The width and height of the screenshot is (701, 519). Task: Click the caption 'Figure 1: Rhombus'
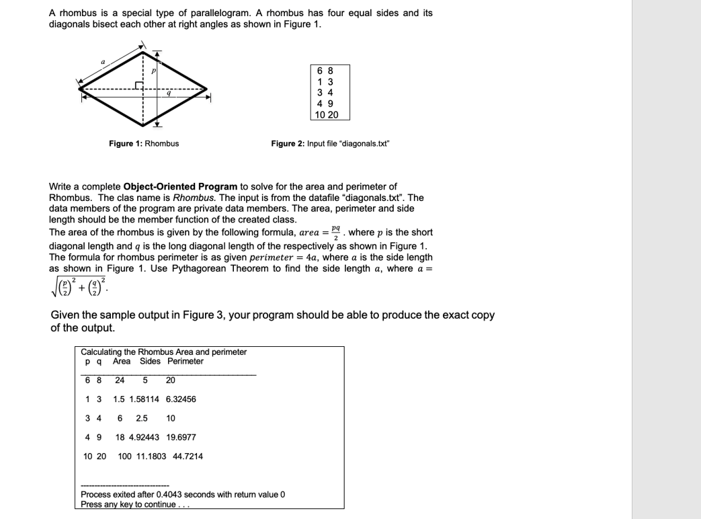pyautogui.click(x=144, y=143)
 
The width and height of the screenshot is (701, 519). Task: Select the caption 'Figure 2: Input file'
pyautogui.click(x=330, y=143)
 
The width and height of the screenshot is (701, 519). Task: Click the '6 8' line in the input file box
pyautogui.click(x=325, y=70)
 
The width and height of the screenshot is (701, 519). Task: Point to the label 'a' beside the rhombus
pyautogui.click(x=103, y=62)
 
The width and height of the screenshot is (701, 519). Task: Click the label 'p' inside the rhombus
pyautogui.click(x=153, y=69)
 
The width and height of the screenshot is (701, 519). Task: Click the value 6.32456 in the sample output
pyautogui.click(x=181, y=399)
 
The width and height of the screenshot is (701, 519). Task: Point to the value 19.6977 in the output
pyautogui.click(x=181, y=437)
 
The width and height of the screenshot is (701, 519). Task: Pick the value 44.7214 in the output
pyautogui.click(x=188, y=456)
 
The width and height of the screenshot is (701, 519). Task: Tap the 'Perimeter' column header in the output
pyautogui.click(x=185, y=361)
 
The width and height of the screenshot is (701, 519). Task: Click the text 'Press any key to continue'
pyautogui.click(x=128, y=504)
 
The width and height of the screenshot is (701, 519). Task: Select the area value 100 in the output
pyautogui.click(x=124, y=456)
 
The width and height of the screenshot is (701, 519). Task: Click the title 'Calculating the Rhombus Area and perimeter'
pyautogui.click(x=163, y=352)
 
